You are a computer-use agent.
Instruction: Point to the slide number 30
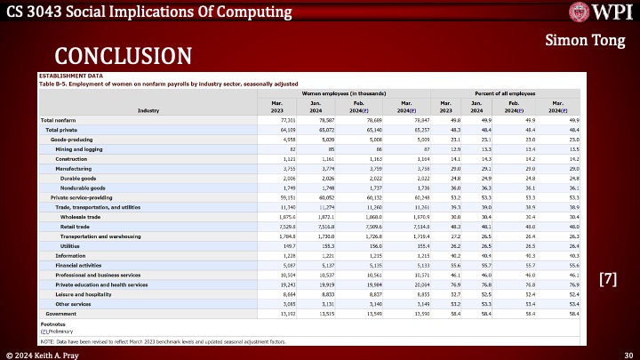point(627,353)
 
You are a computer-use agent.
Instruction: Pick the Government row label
point(61,313)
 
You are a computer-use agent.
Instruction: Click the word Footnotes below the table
point(52,324)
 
